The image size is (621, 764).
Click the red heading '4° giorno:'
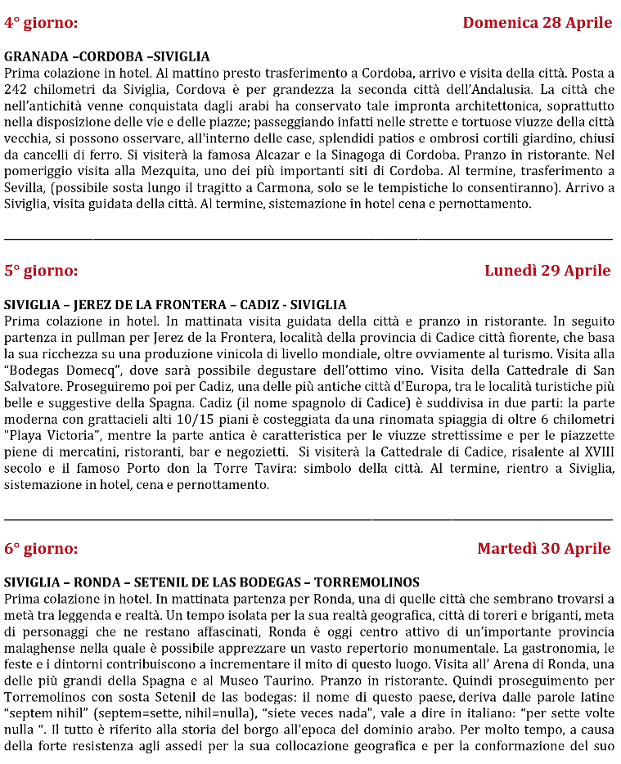(x=41, y=23)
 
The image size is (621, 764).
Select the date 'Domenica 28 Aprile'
(x=537, y=22)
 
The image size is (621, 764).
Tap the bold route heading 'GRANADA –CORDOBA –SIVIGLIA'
(x=107, y=56)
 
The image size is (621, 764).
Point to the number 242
(x=16, y=88)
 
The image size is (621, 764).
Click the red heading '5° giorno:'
(x=41, y=271)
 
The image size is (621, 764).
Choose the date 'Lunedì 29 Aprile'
(x=547, y=271)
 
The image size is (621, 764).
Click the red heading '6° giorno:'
(x=41, y=549)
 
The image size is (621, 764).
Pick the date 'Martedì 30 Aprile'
(x=543, y=548)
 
